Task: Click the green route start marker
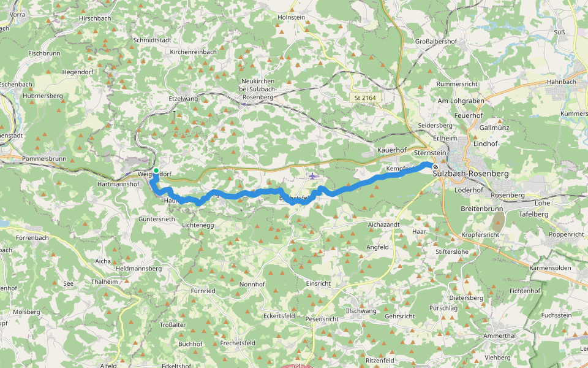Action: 156,171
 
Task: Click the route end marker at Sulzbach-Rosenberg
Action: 435,167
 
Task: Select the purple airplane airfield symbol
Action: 313,176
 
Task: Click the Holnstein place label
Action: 291,18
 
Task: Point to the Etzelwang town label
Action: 183,98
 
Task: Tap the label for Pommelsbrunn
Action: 43,158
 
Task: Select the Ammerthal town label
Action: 499,336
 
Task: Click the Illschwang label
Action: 361,311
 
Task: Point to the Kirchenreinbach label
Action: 193,52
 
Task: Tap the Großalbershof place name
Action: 437,42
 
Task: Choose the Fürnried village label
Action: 203,290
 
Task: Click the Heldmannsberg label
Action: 138,269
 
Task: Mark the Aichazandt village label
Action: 383,225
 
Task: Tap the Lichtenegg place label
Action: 198,226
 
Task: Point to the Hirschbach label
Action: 95,18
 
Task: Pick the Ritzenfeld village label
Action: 380,361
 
